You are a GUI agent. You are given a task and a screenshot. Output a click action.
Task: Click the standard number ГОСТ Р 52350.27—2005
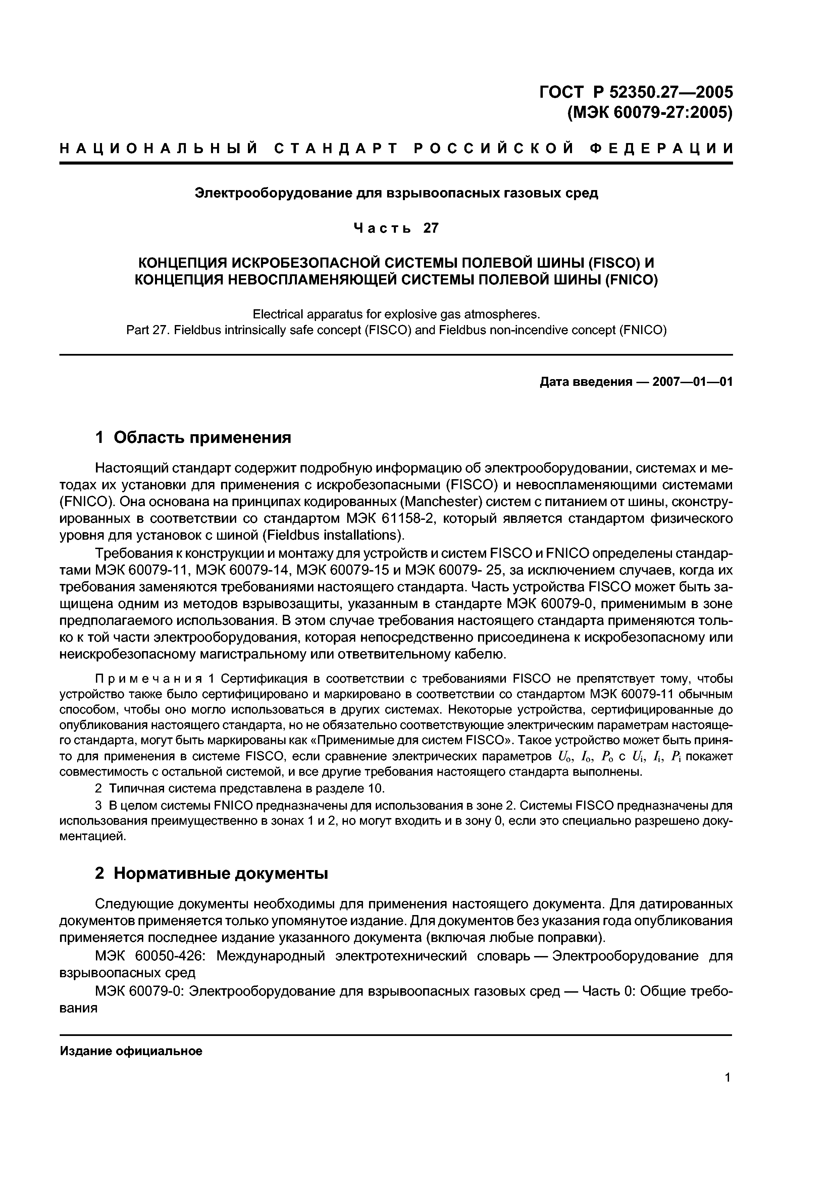[x=636, y=92]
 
